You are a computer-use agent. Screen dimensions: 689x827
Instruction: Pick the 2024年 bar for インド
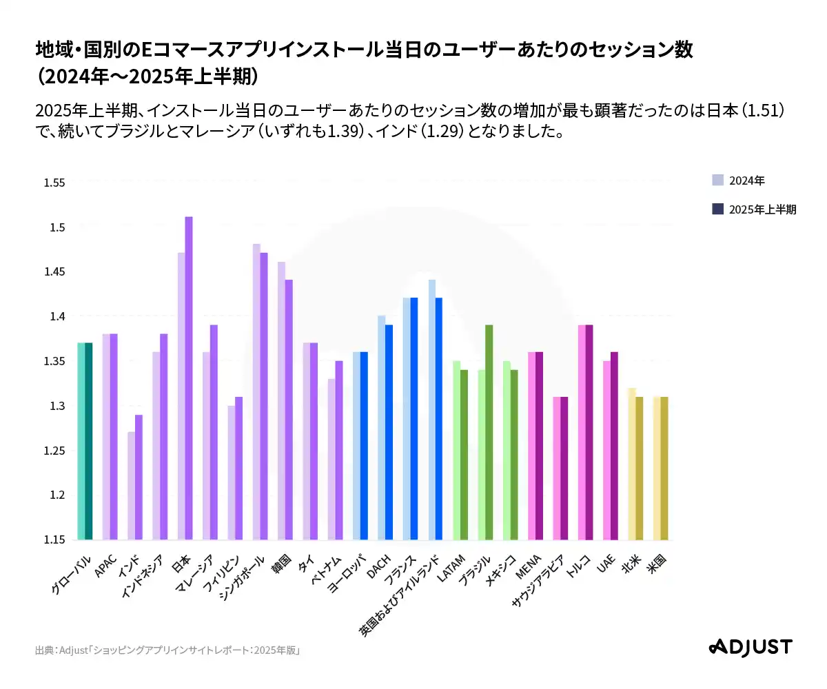pos(131,486)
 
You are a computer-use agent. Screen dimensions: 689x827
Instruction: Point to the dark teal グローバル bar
pos(89,441)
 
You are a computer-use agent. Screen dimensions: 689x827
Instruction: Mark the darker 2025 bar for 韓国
pos(289,409)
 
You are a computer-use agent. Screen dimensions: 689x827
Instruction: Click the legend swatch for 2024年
pos(717,181)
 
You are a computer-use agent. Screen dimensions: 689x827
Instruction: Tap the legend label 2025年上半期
pos(762,209)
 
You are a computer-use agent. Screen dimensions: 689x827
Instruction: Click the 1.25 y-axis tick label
pos(54,451)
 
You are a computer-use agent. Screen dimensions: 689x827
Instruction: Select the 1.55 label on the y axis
pos(54,183)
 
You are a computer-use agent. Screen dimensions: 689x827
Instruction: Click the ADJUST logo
pos(751,647)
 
